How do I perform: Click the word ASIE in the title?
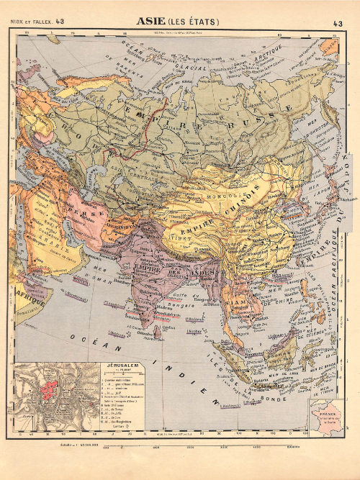point(152,22)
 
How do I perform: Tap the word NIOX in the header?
point(19,23)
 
